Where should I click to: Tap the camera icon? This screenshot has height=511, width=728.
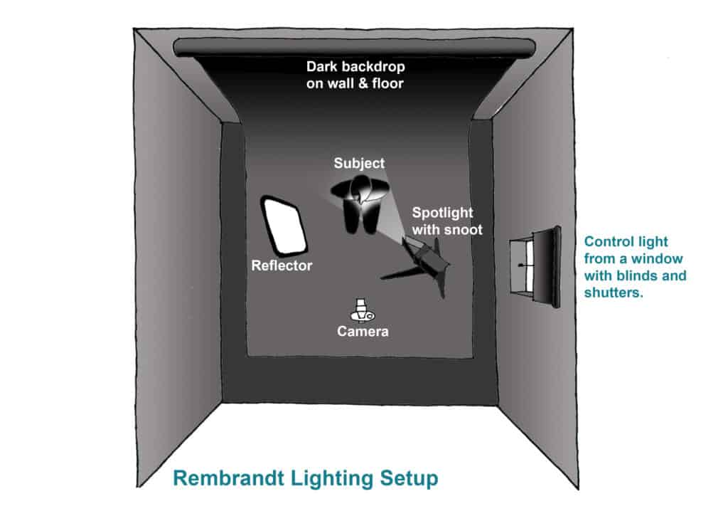362,310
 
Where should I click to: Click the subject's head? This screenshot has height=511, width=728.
361,190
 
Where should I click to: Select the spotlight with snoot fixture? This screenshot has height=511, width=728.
425,263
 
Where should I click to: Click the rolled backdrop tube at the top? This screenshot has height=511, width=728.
354,48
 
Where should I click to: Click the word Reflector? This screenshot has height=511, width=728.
282,265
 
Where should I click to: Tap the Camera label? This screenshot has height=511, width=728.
363,331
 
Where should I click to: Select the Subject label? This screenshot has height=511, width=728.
359,163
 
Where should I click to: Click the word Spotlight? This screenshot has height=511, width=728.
442,213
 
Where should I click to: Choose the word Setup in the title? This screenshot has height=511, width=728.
409,479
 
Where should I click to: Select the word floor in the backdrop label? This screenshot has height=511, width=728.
387,84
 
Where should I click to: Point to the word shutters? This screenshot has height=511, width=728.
614,293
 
